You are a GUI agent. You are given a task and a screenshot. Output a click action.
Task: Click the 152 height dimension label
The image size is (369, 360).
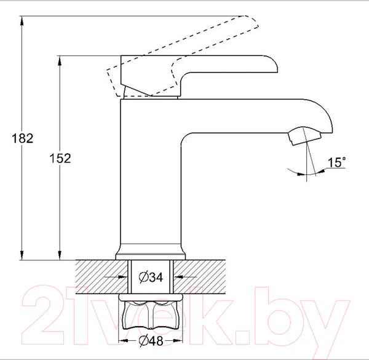coord(60,158)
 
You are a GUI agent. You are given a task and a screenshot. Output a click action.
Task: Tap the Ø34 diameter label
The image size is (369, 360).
coord(151,278)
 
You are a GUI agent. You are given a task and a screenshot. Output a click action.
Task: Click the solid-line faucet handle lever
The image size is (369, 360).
coord(203,69)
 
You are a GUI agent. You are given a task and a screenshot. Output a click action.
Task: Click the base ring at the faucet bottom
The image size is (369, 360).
coord(151,254)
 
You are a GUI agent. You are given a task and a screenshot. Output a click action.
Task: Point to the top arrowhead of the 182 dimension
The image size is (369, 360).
coord(22,20)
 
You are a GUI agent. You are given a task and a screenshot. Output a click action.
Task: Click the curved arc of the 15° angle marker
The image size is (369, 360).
coord(301,175)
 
